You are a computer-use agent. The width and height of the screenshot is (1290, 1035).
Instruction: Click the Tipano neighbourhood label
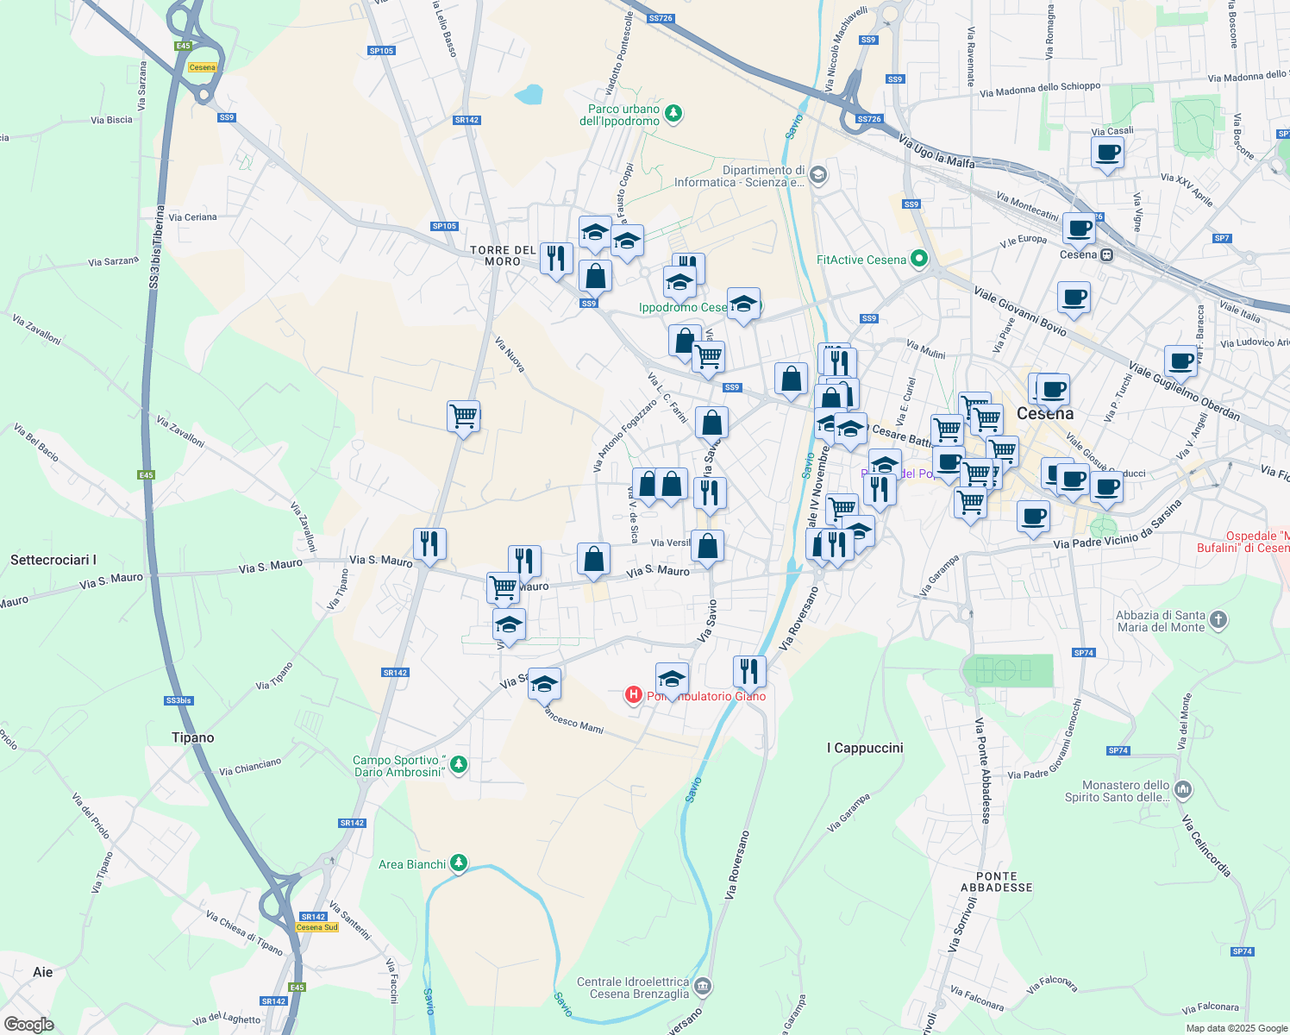pos(192,737)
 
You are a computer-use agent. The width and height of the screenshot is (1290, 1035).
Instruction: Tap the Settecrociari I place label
pos(53,560)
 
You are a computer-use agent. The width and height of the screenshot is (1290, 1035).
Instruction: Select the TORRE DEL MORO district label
pos(503,255)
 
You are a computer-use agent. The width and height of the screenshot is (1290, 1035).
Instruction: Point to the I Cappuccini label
pos(865,748)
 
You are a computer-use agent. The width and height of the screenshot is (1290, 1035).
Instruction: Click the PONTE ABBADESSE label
pos(997,881)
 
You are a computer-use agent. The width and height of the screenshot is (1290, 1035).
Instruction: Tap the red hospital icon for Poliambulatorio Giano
pos(634,694)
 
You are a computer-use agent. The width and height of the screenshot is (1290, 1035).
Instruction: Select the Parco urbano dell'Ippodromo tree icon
pos(674,113)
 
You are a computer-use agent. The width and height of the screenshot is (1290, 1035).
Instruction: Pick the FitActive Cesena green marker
pos(919,258)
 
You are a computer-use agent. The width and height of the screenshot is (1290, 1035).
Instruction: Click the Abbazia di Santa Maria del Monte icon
pos(1218,619)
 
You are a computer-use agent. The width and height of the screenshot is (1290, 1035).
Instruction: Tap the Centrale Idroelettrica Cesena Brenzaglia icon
pos(703,985)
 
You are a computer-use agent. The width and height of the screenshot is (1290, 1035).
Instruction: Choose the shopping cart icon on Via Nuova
pos(464,417)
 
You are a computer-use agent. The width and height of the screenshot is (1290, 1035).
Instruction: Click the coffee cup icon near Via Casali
pos(1108,154)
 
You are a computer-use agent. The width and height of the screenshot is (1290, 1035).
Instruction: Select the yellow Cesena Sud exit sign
pos(316,927)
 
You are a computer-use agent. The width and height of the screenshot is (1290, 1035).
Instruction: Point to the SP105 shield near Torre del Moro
pos(444,226)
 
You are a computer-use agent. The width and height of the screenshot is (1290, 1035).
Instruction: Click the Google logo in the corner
pos(29,1024)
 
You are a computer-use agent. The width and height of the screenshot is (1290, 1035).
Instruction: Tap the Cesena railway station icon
pos(1106,254)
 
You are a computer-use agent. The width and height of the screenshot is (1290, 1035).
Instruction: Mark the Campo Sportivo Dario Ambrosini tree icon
pos(459,763)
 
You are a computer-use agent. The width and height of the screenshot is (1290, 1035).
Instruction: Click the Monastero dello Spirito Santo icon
pos(1183,789)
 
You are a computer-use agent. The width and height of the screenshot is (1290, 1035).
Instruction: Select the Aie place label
pos(43,972)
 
